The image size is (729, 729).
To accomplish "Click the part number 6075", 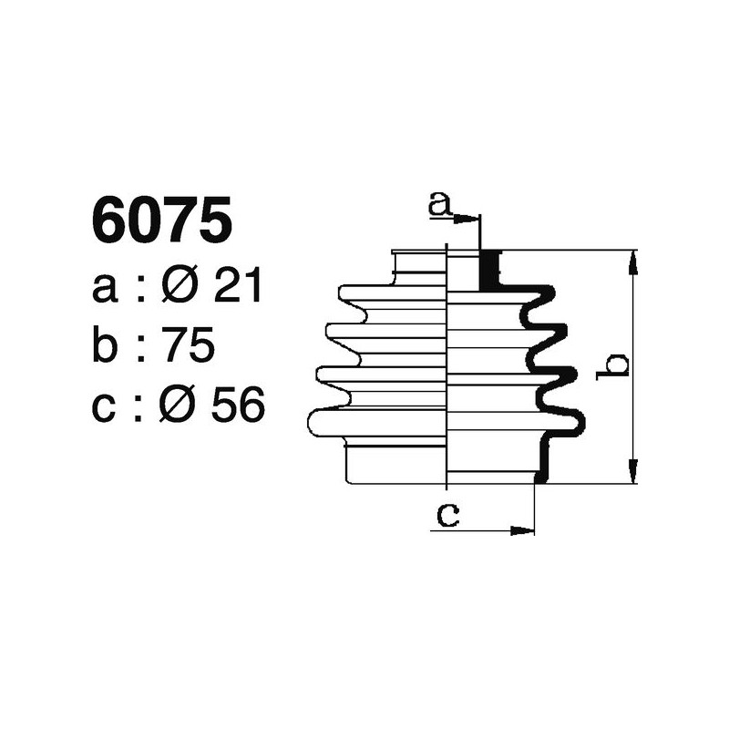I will pos(161,222).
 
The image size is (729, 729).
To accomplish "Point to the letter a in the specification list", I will pos(105,291).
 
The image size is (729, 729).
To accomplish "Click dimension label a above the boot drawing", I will pos(440,204).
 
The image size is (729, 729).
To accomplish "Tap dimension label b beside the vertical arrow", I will pos(617,365).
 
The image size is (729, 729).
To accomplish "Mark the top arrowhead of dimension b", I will pos(632,260).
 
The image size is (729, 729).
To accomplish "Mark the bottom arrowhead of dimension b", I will pos(632,473).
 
